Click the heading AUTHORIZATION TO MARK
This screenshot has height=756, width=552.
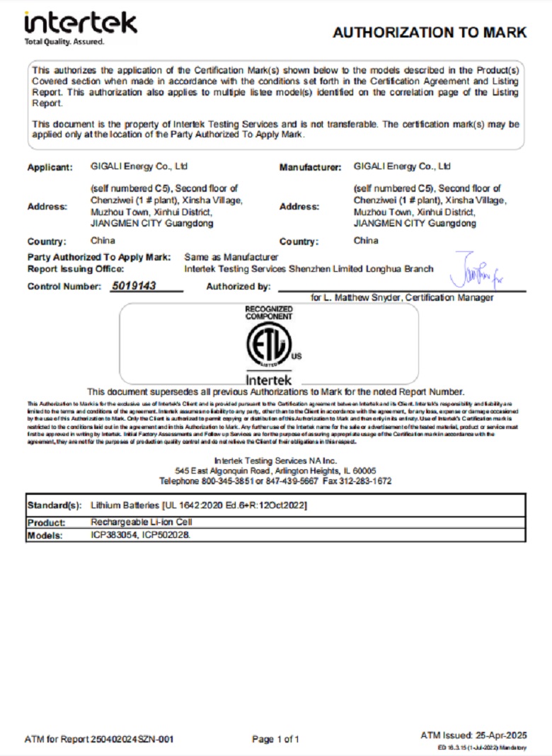[430, 33]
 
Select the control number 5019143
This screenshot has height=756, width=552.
[134, 286]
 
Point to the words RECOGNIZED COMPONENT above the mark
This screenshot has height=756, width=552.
[268, 312]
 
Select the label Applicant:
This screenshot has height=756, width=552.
[50, 168]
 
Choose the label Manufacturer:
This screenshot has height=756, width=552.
[310, 168]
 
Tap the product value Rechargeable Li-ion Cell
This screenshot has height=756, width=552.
[142, 522]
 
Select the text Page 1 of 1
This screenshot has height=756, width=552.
[275, 740]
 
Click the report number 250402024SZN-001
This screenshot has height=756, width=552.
[132, 740]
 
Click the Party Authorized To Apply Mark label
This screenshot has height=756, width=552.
[98, 257]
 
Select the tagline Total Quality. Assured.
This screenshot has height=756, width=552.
[64, 42]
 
